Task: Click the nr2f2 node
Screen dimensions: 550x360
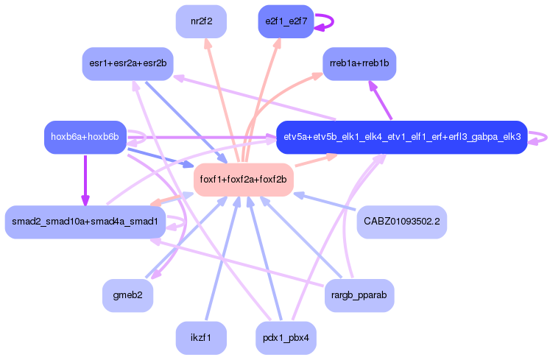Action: (201, 21)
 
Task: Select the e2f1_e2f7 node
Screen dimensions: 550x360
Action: (286, 21)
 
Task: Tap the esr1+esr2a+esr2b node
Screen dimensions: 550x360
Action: (127, 64)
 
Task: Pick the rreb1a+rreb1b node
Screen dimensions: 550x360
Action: (359, 64)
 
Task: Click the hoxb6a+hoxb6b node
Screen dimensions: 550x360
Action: (85, 137)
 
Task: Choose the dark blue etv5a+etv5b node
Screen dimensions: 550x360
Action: (402, 137)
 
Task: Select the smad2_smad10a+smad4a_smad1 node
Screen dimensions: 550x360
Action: (84, 222)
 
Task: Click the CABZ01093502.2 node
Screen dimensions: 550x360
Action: (402, 222)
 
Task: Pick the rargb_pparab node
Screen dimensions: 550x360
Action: (359, 295)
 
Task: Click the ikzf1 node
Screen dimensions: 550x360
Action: (201, 338)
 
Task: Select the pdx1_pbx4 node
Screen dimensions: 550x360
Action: (286, 338)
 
